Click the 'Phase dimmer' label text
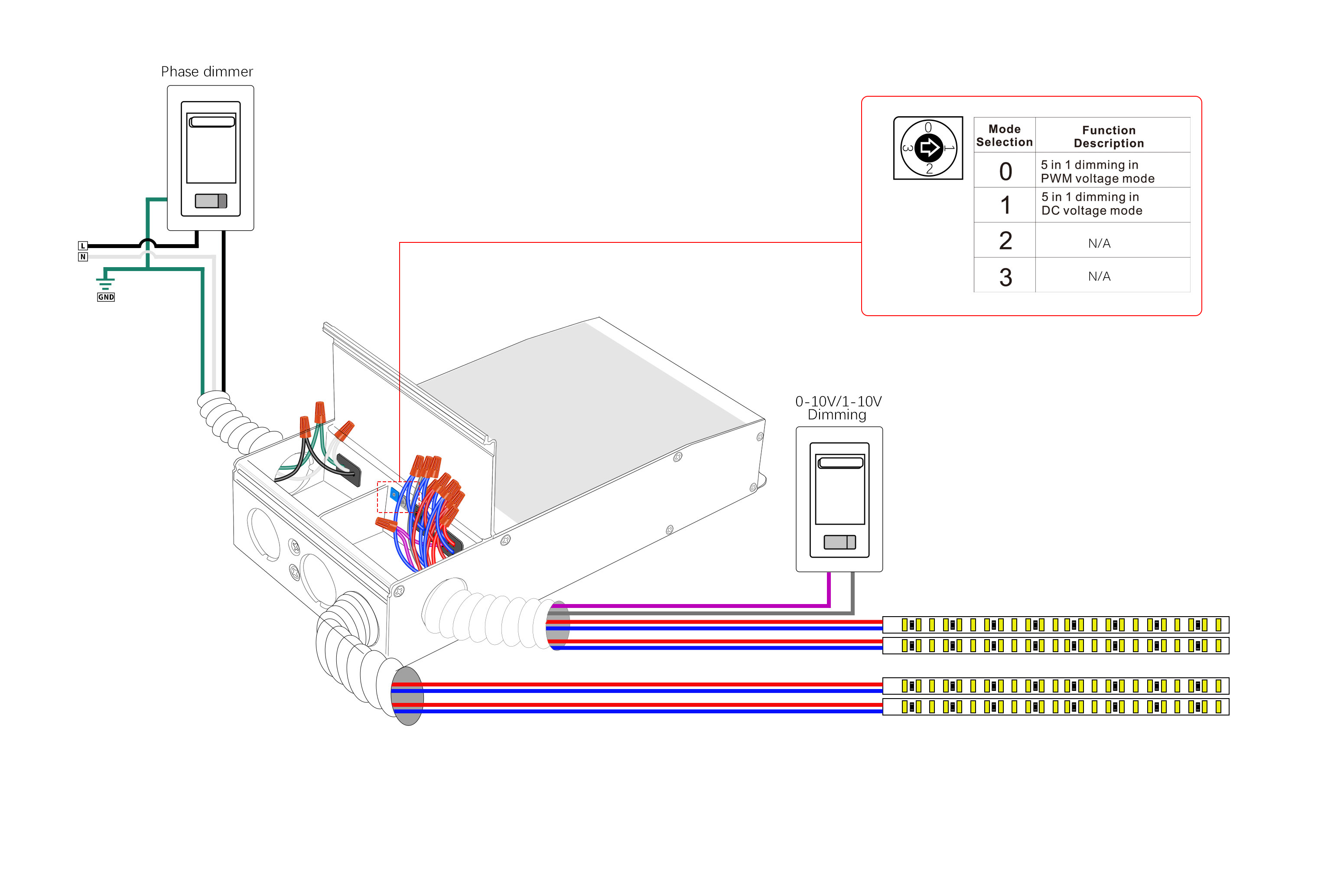pos(207,72)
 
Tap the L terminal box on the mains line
pos(83,246)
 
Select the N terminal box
pos(83,257)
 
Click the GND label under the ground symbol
pos(106,297)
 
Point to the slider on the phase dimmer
pos(211,201)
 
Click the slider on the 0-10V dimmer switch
pos(839,542)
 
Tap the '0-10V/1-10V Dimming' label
pos(838,408)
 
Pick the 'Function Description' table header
pos(1109,137)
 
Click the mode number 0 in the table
pos(1005,172)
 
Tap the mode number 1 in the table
pos(1005,205)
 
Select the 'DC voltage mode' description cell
pos(1091,204)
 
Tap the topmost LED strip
pos(1055,624)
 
